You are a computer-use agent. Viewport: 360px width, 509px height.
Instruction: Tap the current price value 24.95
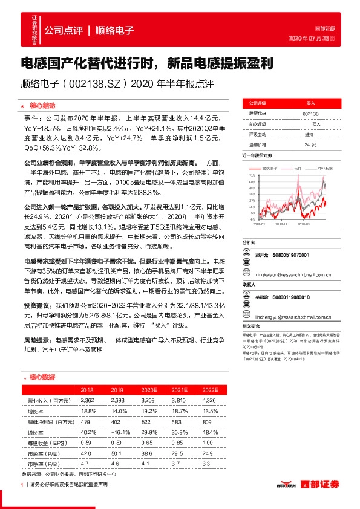click(x=310, y=144)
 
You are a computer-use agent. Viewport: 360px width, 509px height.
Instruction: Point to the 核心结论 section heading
click(x=41, y=105)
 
